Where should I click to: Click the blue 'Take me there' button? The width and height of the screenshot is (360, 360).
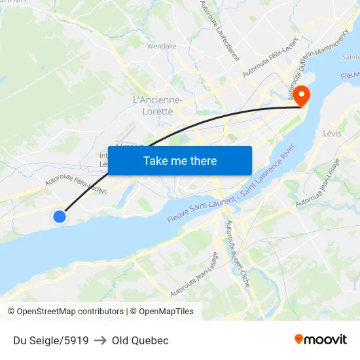pos(180,160)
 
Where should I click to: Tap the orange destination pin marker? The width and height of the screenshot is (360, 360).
pos(302,97)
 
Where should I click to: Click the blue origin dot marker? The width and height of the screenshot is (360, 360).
pos(60,216)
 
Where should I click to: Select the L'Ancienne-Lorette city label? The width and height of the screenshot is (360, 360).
pos(158,105)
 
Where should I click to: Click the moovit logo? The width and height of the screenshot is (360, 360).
pos(321,339)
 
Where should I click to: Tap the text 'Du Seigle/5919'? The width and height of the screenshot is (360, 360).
pos(51,340)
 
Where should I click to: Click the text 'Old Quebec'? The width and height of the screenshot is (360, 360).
pos(140,340)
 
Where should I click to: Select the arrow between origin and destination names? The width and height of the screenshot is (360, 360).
pos(100,340)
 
